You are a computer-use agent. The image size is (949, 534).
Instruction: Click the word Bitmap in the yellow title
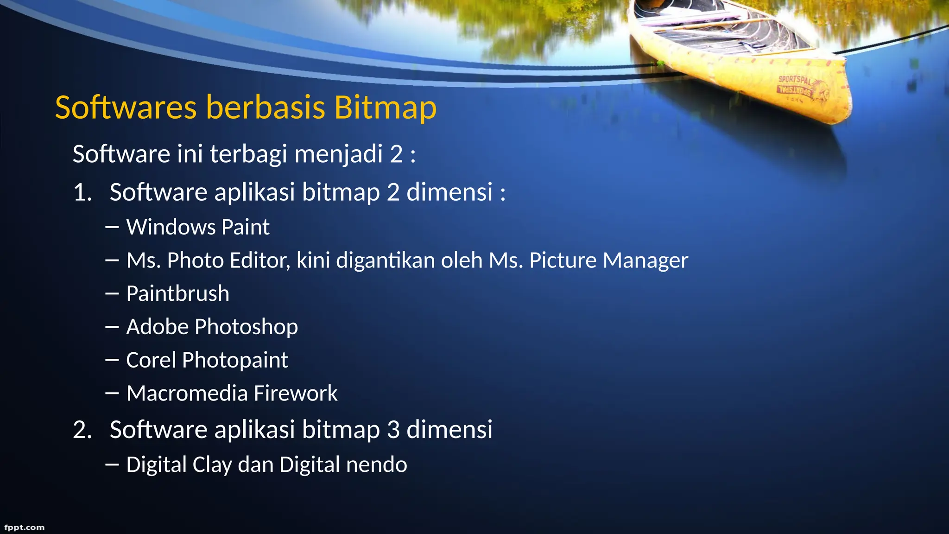(x=385, y=108)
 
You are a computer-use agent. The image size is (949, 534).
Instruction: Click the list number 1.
(x=82, y=192)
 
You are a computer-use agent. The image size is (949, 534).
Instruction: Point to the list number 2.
(x=82, y=430)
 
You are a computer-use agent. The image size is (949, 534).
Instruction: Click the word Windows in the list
(x=171, y=227)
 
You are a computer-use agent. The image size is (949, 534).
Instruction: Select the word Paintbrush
(x=177, y=294)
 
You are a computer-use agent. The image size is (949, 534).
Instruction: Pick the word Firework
(x=295, y=394)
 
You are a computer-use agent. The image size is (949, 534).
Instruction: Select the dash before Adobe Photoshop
(x=112, y=327)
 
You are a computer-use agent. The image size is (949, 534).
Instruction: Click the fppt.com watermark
(x=24, y=528)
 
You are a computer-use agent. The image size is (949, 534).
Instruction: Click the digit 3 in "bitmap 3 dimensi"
(x=393, y=430)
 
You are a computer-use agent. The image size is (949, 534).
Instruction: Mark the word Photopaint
(x=235, y=360)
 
